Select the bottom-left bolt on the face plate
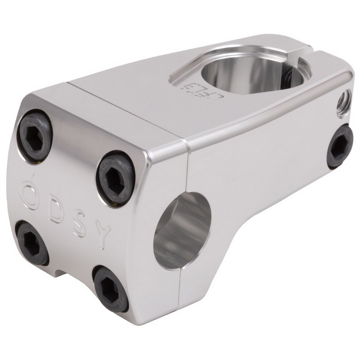click(x=32, y=242)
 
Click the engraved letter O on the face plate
click(x=29, y=194)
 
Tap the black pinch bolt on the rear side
click(x=340, y=146)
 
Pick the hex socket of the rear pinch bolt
click(x=340, y=147)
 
